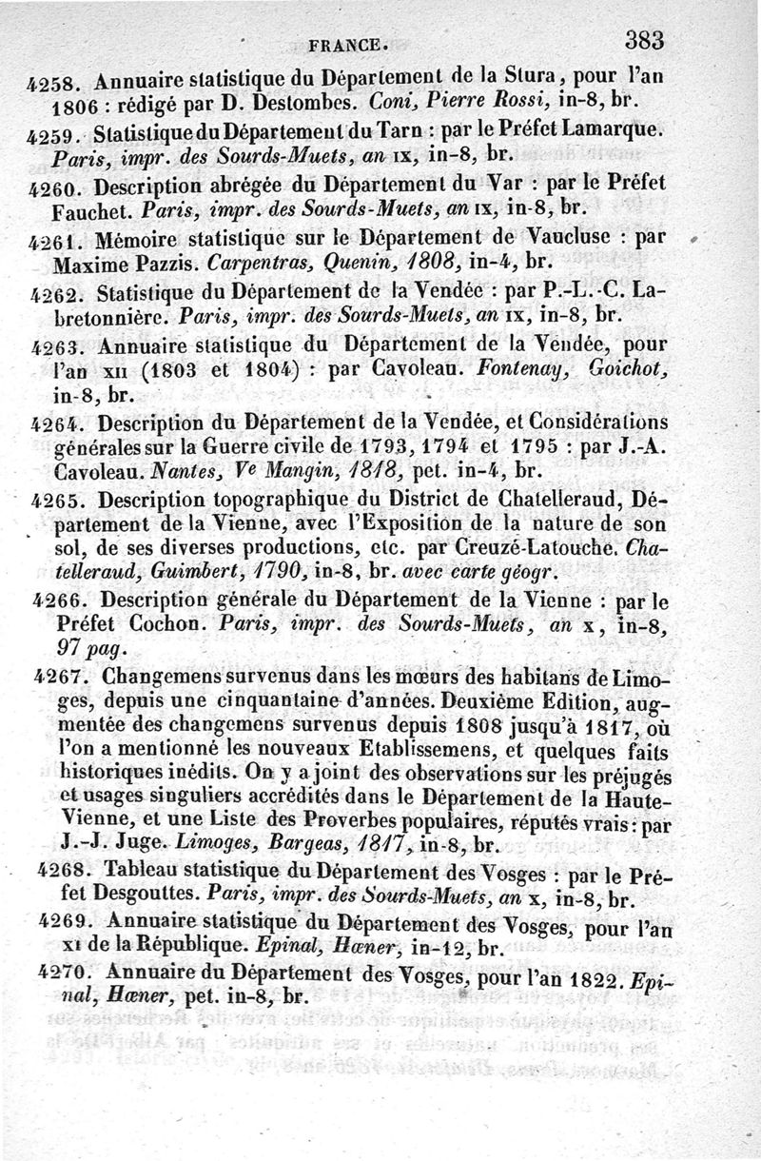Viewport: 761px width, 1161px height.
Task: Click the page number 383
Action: tap(644, 40)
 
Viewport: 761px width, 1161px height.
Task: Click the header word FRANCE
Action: tap(348, 44)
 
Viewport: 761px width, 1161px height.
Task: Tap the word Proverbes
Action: tap(370, 821)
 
